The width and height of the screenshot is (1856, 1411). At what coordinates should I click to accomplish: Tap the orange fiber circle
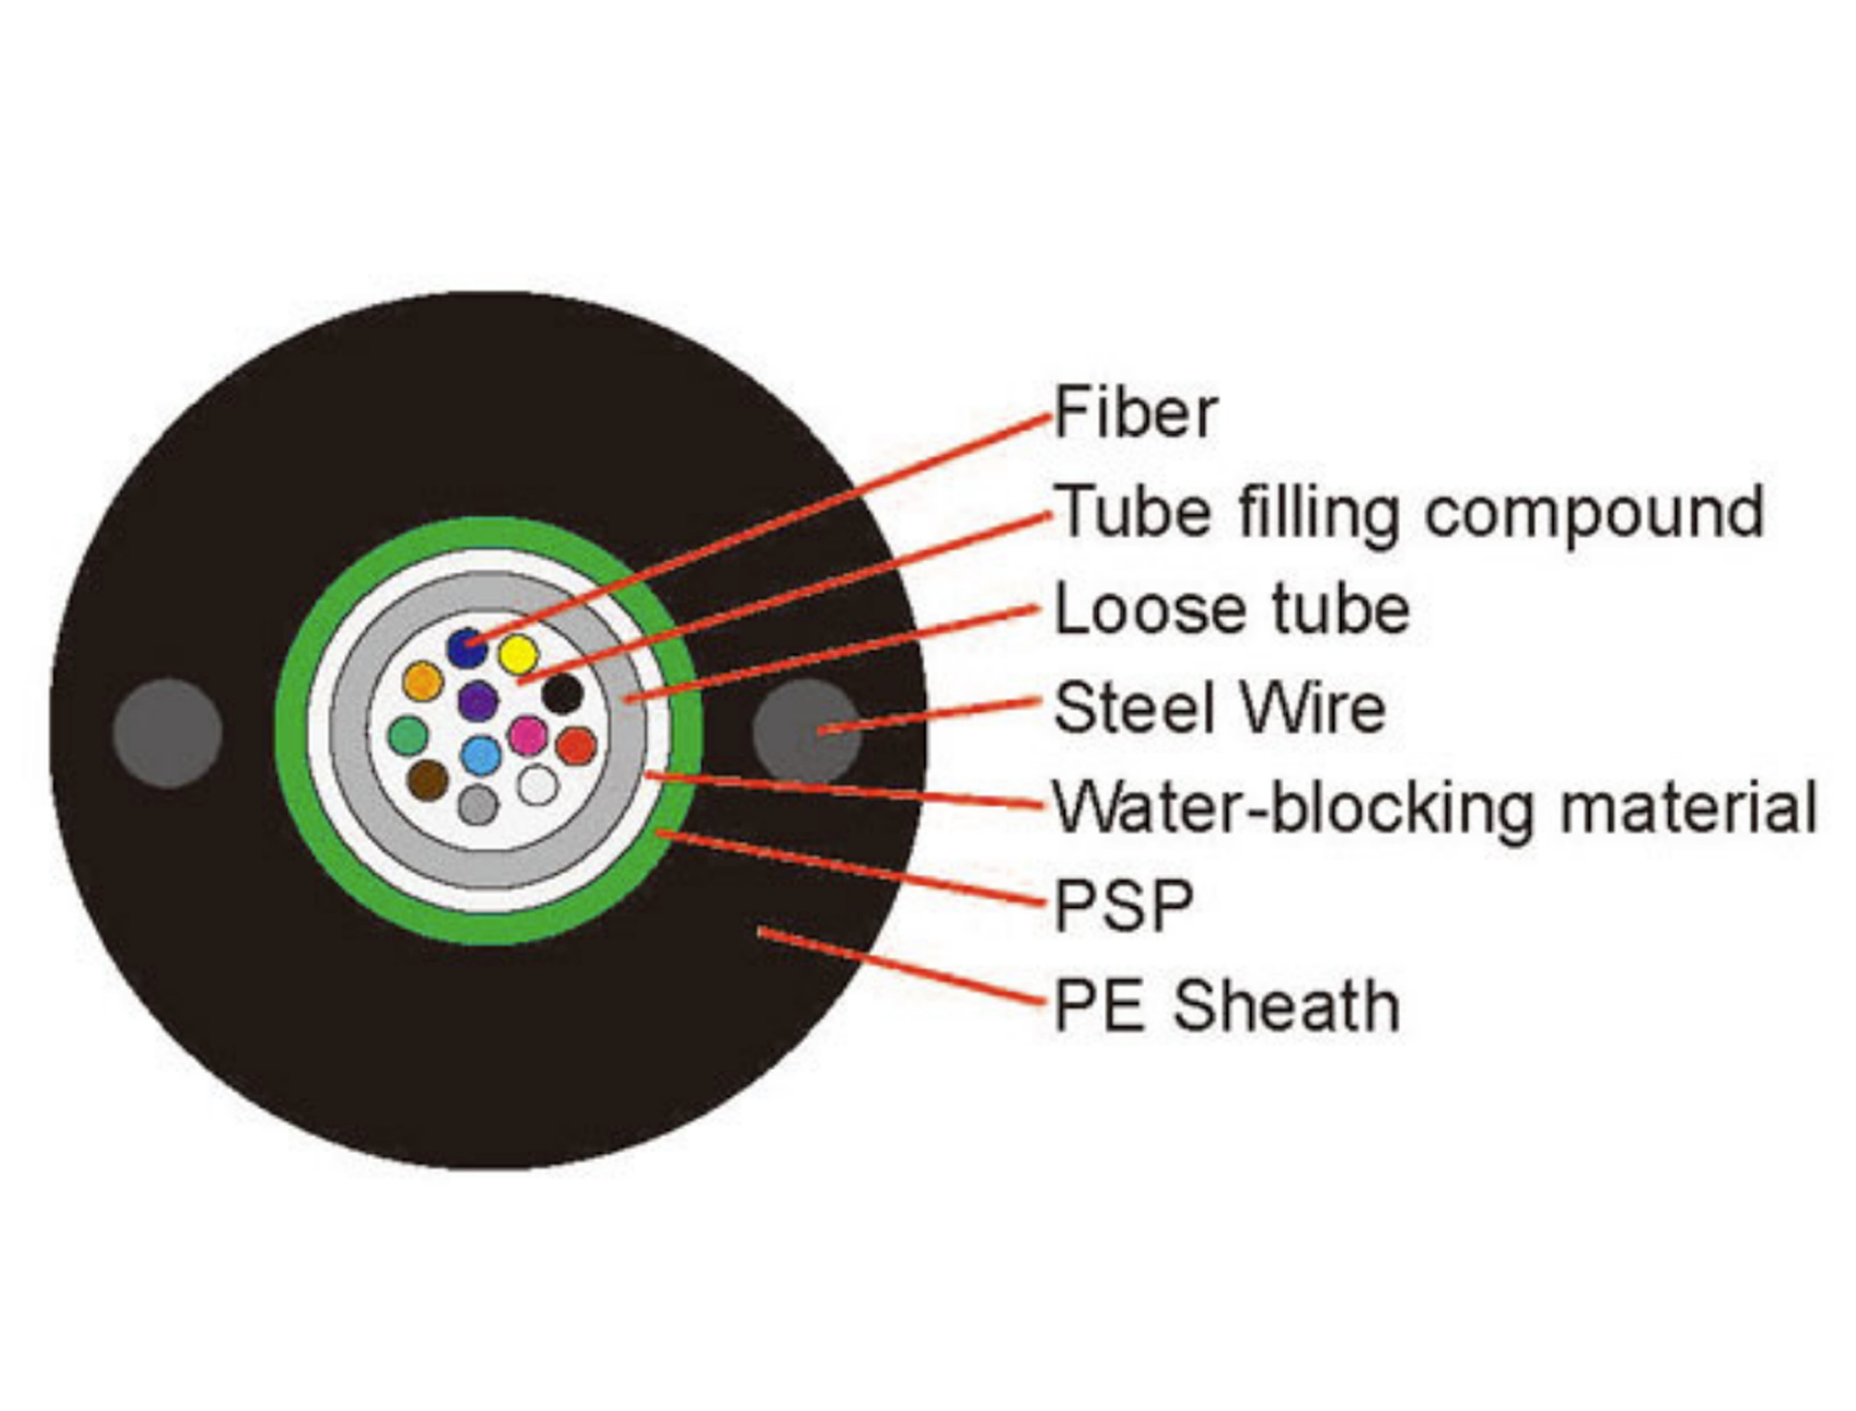pyautogui.click(x=423, y=681)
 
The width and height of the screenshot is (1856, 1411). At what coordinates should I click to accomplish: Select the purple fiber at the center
pyautogui.click(x=478, y=700)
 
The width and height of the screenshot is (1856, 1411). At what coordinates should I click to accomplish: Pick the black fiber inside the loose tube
pyautogui.click(x=562, y=694)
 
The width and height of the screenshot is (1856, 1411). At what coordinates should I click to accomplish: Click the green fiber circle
pyautogui.click(x=408, y=736)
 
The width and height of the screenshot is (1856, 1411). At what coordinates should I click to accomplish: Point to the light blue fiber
pyautogui.click(x=481, y=755)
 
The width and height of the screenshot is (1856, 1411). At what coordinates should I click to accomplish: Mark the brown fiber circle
pyautogui.click(x=428, y=780)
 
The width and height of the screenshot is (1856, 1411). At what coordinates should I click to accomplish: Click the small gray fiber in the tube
pyautogui.click(x=478, y=805)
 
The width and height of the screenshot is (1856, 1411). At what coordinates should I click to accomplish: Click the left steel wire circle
pyautogui.click(x=168, y=733)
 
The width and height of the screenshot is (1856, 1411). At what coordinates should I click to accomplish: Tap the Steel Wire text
pyautogui.click(x=1219, y=707)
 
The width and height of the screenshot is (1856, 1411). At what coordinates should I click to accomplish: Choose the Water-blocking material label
pyautogui.click(x=1434, y=806)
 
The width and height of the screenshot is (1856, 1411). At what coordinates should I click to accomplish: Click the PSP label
pyautogui.click(x=1123, y=905)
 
